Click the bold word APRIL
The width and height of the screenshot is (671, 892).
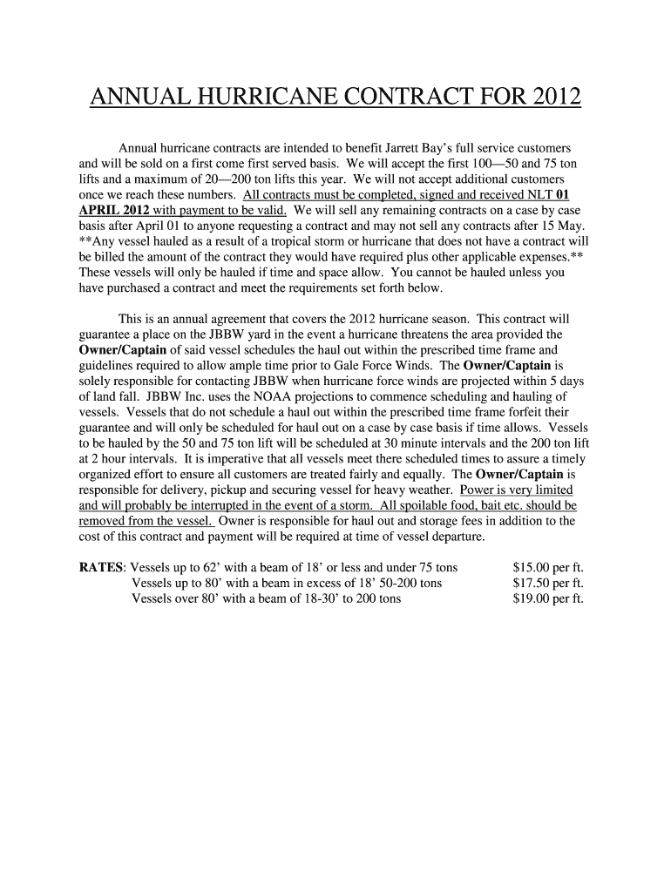[102, 210]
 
